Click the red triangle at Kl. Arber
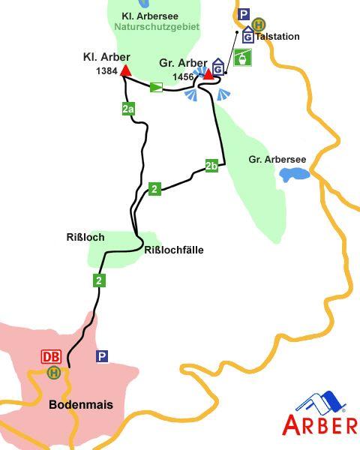pos(126,71)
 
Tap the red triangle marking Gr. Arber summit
pos(209,73)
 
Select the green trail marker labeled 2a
pos(128,109)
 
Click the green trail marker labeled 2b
pos(211,166)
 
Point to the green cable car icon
pos(242,56)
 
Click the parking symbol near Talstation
pos(243,14)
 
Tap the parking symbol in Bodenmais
pos(102,356)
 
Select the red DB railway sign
pos(51,357)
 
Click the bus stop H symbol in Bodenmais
pos(53,372)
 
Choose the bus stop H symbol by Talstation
pos(259,24)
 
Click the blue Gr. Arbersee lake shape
pos(294,175)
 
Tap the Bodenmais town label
pos(80,405)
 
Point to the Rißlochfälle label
pos(173,250)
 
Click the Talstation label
pos(277,36)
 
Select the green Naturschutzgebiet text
pos(157,26)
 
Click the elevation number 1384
pos(107,70)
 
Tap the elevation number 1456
pos(183,76)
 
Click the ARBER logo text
pos(319,425)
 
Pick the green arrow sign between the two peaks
pos(156,88)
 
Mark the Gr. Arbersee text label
pos(277,159)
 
